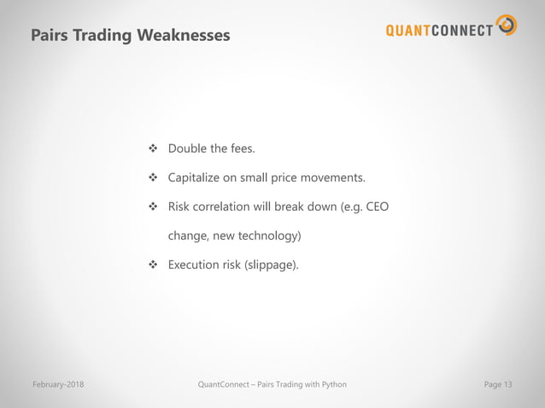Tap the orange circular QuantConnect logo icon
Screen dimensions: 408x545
pyautogui.click(x=507, y=26)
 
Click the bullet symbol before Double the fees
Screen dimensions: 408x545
pyautogui.click(x=155, y=150)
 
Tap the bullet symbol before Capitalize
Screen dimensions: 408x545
pyautogui.click(x=155, y=178)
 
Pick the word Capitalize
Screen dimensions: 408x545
pyautogui.click(x=196, y=178)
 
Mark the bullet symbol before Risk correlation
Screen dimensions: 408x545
pyautogui.click(x=155, y=207)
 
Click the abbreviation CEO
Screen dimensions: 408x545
pyautogui.click(x=377, y=207)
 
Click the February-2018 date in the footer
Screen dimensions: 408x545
pyautogui.click(x=57, y=385)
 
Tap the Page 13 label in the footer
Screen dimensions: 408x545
pyautogui.click(x=498, y=385)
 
